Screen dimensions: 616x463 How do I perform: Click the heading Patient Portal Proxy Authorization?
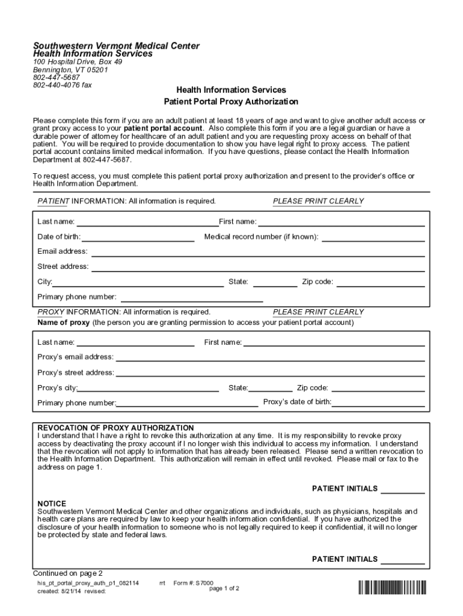231,102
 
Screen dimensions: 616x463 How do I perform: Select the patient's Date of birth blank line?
138,240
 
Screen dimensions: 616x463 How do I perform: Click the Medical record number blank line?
373,240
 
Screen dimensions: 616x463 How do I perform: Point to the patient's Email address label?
62,251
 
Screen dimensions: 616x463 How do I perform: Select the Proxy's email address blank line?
270,360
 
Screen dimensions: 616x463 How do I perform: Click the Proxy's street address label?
75,372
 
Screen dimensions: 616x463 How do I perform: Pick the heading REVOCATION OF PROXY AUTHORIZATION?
115,428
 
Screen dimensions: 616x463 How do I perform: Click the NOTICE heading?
52,504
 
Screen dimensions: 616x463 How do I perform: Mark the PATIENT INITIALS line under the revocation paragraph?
402,493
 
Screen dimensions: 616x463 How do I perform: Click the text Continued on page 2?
68,573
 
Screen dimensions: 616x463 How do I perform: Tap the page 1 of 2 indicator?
224,588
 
